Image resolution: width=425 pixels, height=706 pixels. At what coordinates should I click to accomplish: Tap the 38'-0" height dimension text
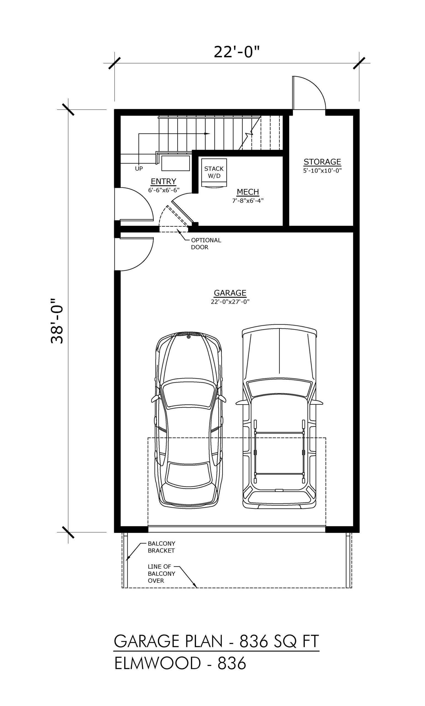click(x=57, y=321)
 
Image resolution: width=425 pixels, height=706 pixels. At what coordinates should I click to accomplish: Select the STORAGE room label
click(x=322, y=162)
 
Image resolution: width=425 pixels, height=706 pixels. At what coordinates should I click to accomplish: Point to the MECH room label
click(x=248, y=192)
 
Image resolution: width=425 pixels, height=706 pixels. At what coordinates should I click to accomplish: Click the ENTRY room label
click(x=163, y=181)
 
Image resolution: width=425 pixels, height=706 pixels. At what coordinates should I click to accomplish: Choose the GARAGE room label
click(x=230, y=293)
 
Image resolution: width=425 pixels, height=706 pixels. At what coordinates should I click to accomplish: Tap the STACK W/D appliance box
click(x=214, y=172)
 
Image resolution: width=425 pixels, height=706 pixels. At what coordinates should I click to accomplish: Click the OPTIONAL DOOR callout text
click(x=206, y=244)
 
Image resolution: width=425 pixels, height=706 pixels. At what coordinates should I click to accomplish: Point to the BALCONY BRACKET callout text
click(x=162, y=547)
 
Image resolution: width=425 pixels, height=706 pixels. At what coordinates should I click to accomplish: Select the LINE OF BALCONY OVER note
click(x=162, y=574)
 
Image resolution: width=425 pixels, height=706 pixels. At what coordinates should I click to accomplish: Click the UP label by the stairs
click(x=139, y=169)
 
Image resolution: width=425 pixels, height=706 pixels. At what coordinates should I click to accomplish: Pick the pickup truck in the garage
click(x=279, y=417)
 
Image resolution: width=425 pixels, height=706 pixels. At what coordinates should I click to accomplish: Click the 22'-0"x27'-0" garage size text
click(x=230, y=301)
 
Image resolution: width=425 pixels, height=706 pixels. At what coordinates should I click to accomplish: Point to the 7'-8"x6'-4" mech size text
click(x=248, y=200)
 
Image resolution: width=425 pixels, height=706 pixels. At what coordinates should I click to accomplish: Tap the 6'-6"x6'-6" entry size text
click(x=164, y=190)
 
